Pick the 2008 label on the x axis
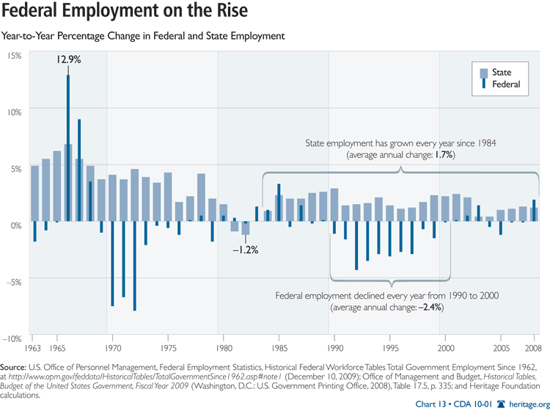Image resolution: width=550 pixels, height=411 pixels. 532,348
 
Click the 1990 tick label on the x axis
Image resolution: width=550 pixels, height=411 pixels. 335,348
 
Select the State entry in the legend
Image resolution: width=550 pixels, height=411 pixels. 502,73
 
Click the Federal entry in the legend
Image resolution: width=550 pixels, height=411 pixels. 505,84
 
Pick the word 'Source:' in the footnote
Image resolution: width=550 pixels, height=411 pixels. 15,365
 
